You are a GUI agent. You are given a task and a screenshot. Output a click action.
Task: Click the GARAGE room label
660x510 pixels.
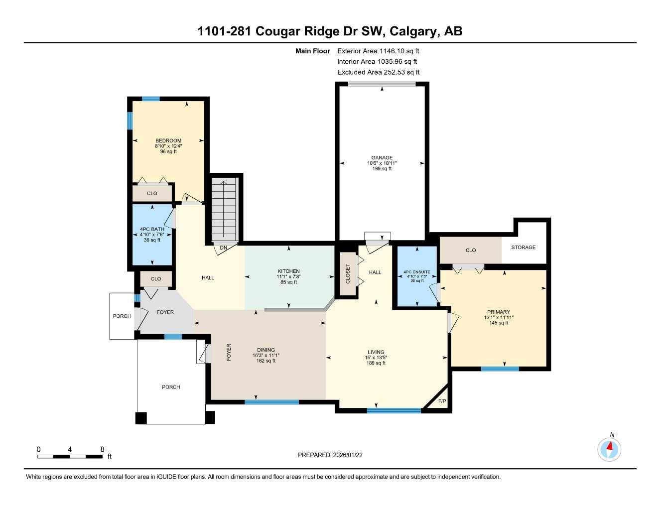382,158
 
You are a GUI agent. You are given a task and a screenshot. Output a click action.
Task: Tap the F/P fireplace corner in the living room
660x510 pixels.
441,401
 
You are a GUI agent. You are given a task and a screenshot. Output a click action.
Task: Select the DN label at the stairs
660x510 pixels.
224,248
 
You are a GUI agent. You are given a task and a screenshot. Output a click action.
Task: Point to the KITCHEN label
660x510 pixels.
288,271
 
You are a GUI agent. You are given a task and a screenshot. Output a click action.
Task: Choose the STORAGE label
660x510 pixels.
523,248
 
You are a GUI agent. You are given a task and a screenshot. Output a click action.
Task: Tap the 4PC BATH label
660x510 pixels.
152,230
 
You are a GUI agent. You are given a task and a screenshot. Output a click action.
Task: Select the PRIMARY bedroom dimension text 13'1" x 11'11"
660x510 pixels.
499,318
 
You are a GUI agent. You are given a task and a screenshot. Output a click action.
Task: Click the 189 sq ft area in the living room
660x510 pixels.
376,363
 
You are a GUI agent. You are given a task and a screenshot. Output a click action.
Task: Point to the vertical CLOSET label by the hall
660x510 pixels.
348,274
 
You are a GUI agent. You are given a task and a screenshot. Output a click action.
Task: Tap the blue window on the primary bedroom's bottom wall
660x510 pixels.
500,369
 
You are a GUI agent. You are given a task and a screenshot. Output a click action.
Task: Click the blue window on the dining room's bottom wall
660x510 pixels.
271,402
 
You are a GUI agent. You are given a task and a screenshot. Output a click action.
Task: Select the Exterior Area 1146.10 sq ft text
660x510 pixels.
378,51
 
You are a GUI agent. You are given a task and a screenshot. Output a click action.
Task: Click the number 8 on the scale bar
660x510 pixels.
102,449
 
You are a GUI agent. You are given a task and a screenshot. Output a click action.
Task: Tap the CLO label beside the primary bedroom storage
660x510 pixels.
471,251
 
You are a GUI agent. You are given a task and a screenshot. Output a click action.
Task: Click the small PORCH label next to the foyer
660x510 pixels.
122,316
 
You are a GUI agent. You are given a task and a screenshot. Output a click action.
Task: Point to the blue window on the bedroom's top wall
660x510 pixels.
151,99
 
